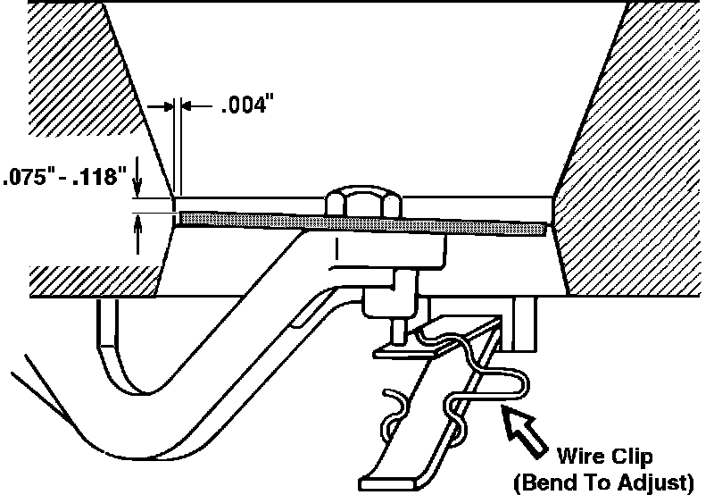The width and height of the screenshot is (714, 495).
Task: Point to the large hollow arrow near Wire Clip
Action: point(527,427)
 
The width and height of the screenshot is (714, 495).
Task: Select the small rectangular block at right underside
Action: point(527,326)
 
